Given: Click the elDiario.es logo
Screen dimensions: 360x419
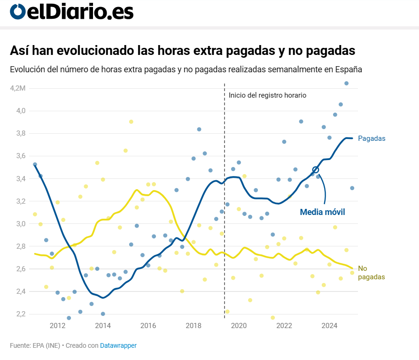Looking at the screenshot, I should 71,12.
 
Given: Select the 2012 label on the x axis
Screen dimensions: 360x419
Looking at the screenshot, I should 57,326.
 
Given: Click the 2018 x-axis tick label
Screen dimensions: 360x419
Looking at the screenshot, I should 194,326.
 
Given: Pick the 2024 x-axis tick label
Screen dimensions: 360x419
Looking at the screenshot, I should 330,326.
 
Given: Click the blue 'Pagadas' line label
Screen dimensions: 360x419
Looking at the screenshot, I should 372,138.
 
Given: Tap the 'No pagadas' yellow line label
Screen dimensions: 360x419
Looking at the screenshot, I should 371,273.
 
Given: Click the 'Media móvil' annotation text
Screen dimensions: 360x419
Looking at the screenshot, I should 322,212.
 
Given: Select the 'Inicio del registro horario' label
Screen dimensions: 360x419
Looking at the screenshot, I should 267,95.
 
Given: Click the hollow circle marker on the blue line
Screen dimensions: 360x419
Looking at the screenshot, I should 316,170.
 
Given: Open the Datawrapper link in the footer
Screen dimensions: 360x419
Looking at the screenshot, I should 118,345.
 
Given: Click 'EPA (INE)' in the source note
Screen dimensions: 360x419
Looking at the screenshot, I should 46,345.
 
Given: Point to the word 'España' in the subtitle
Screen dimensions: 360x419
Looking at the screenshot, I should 349,69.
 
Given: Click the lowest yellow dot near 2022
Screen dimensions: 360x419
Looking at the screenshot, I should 272,318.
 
